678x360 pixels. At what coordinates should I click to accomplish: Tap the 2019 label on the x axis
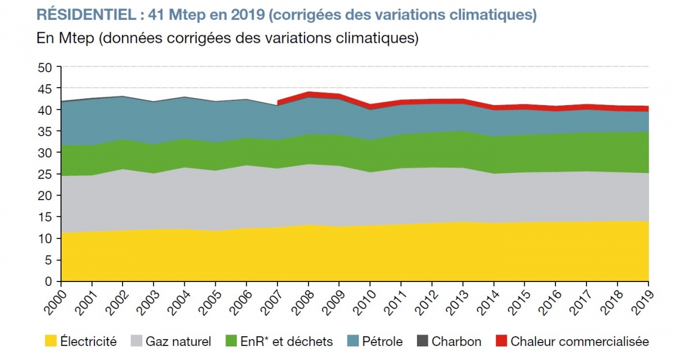[x=640, y=301]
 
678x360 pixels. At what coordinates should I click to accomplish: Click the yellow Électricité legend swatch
[x=51, y=341]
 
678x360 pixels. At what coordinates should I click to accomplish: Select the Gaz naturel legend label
[x=178, y=341]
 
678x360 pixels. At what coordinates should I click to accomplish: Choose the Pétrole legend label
[x=383, y=341]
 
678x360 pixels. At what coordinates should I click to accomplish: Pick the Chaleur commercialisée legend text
[x=580, y=341]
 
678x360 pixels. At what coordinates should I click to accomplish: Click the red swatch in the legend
[x=501, y=341]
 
